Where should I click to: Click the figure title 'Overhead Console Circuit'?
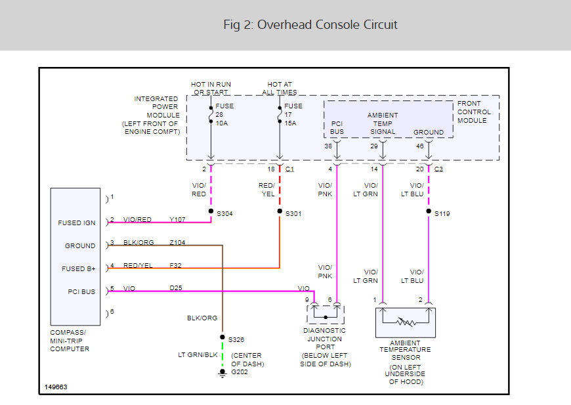pos(327,25)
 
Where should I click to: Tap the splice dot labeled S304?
pos(211,211)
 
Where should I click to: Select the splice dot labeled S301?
pos(280,211)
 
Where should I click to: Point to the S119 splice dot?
pos(429,211)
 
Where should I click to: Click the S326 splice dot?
pos(222,337)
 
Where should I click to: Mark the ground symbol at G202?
pos(222,373)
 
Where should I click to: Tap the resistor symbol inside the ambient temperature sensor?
pos(406,322)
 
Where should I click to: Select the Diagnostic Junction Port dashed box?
pos(326,314)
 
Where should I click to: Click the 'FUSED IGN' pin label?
pos(77,223)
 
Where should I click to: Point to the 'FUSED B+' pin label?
pos(78,268)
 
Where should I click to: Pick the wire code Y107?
pos(177,220)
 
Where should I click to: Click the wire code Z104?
pos(177,243)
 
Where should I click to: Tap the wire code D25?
pos(176,288)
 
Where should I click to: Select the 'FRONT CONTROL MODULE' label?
pos(474,112)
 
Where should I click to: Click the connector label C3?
pos(438,169)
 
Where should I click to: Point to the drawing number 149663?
pos(56,387)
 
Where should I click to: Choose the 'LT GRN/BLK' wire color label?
pos(198,354)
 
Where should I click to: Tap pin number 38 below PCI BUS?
pos(328,146)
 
